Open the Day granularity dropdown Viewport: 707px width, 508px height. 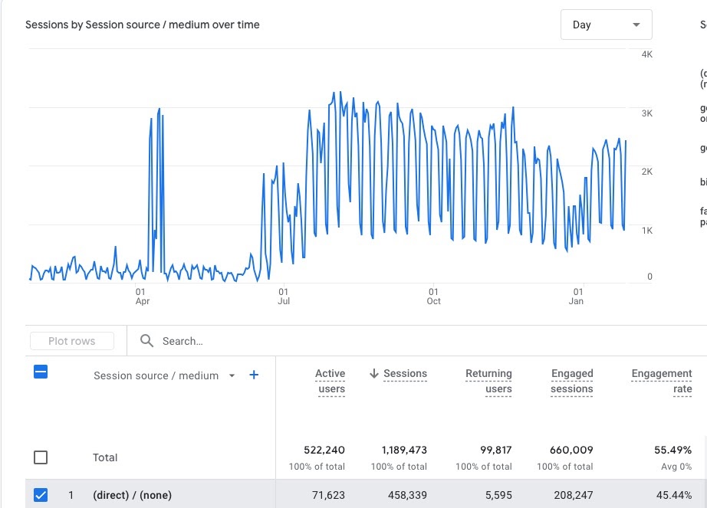[x=606, y=25]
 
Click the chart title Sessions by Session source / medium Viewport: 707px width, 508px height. [x=143, y=25]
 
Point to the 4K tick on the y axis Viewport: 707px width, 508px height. [x=646, y=54]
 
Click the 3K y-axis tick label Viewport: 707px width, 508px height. [x=646, y=113]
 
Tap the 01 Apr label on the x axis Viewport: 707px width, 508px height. [x=141, y=297]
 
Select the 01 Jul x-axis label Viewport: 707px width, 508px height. [x=283, y=297]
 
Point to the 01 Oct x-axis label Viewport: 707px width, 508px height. [x=433, y=297]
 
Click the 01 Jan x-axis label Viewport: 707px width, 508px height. [x=577, y=297]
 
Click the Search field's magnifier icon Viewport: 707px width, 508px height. [x=147, y=341]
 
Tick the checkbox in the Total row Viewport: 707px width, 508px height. [x=41, y=457]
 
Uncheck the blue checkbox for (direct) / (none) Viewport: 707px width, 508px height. [x=41, y=495]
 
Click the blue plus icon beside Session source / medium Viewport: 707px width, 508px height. [x=254, y=375]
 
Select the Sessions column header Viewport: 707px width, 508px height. [x=404, y=374]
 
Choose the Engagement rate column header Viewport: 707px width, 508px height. [x=661, y=381]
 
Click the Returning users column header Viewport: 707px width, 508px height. [x=488, y=381]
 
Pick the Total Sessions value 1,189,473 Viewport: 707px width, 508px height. [x=404, y=450]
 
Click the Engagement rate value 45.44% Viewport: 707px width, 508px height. [x=672, y=496]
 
